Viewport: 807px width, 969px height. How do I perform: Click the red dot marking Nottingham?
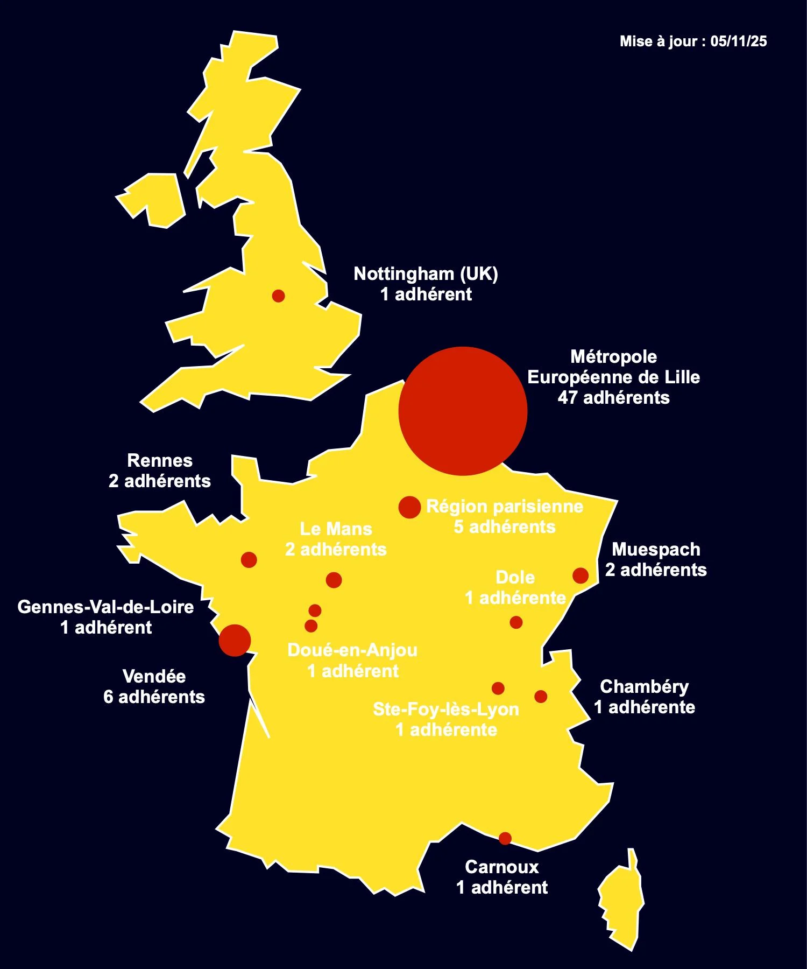click(x=278, y=296)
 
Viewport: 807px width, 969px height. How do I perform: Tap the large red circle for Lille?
click(x=463, y=411)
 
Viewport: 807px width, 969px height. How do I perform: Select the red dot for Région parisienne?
click(x=409, y=507)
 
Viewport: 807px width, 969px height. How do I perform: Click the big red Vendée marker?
click(x=235, y=641)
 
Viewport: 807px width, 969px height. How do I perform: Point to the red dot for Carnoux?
click(x=505, y=838)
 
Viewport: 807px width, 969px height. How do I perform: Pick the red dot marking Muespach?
click(x=581, y=575)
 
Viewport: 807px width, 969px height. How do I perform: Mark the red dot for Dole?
click(x=516, y=622)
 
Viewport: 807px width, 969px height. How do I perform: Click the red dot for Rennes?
click(x=249, y=560)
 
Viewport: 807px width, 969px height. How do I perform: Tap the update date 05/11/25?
click(x=738, y=41)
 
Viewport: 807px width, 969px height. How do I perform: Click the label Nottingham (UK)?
click(x=426, y=274)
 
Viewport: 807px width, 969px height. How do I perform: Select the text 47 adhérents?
click(x=613, y=398)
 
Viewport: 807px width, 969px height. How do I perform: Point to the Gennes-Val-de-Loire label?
click(x=105, y=607)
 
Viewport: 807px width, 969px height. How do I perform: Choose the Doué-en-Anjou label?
click(x=352, y=650)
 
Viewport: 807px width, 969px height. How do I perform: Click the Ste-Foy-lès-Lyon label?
click(x=445, y=710)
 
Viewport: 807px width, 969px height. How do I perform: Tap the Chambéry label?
click(x=644, y=687)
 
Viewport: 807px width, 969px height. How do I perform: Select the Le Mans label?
click(x=336, y=529)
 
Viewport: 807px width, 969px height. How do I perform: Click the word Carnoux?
click(x=501, y=867)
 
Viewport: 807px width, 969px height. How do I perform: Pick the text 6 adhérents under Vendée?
click(x=154, y=697)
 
